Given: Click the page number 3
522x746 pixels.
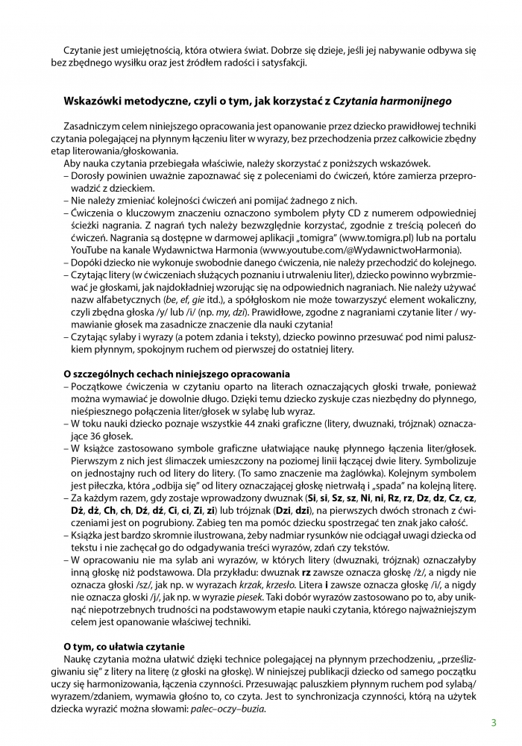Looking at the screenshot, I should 494,722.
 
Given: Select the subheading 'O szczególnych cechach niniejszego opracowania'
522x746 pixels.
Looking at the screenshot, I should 177,373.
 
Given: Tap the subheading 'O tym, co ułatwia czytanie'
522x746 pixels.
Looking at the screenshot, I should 124,646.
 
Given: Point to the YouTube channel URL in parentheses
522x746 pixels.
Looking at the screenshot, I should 360,250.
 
